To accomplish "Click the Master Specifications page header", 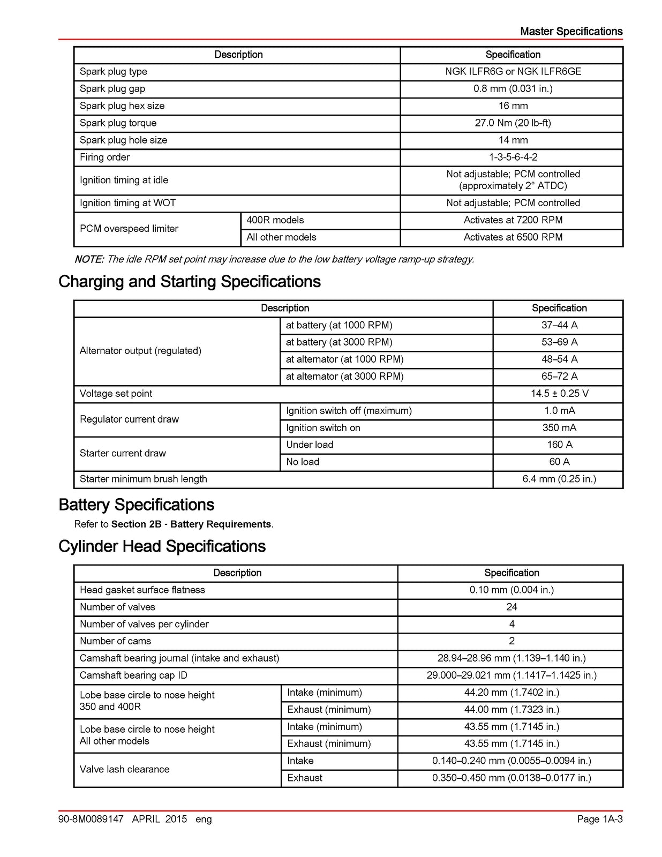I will (571, 32).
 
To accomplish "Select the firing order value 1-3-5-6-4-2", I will (513, 157).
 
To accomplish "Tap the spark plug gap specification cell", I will (513, 88).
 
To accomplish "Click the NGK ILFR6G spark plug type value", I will (513, 71).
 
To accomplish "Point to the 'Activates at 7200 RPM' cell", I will (513, 220).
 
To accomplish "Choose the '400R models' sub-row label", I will (275, 220).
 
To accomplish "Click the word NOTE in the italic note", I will (88, 259).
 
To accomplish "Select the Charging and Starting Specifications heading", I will (190, 282).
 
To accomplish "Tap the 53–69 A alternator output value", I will (559, 342).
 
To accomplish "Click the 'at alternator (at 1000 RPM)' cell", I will (344, 359).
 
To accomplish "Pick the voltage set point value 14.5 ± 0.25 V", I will (559, 393).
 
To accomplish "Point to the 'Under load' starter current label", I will (310, 445).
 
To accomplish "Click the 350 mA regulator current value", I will (559, 427).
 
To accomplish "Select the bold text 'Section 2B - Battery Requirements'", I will (191, 524).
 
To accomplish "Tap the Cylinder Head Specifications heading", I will (162, 546).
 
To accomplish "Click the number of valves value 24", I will (511, 607).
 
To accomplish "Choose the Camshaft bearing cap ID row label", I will (133, 675).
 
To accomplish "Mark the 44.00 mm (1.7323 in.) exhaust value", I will (511, 709).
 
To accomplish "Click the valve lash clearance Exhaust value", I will (511, 778).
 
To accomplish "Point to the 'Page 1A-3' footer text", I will (599, 819).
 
